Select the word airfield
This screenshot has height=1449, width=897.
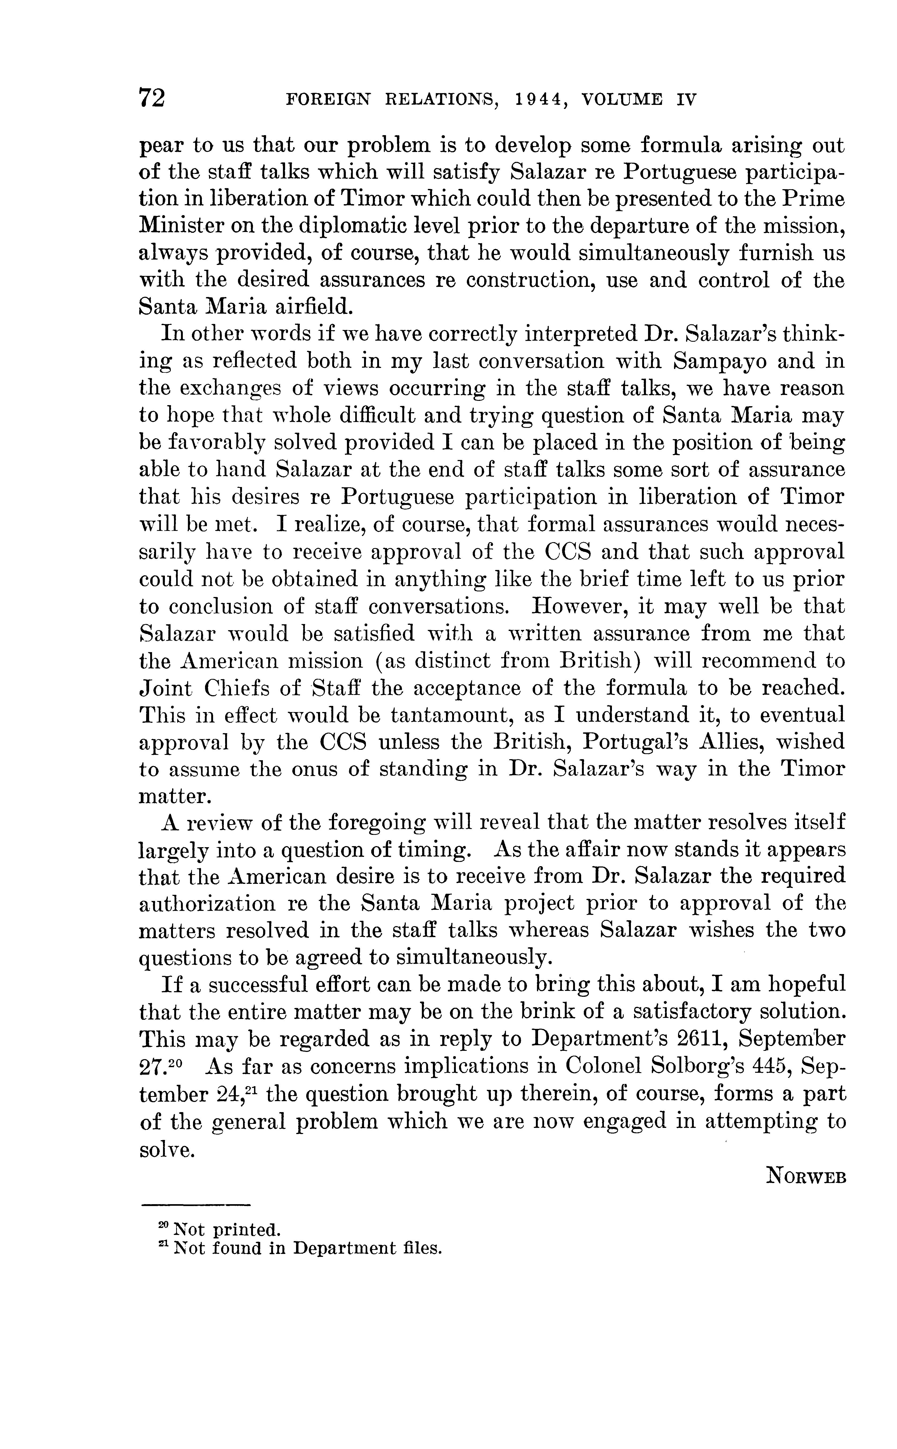305,306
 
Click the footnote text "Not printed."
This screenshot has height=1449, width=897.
225,1229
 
